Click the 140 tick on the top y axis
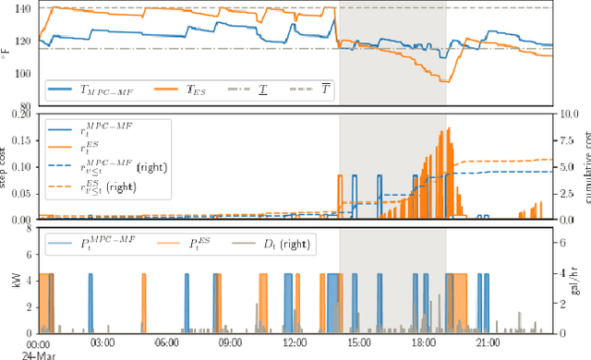click(21, 8)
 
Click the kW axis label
click(7, 280)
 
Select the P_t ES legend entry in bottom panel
click(190, 244)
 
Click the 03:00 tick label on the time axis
click(102, 342)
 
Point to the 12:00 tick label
click(295, 342)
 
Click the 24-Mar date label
click(39, 354)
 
